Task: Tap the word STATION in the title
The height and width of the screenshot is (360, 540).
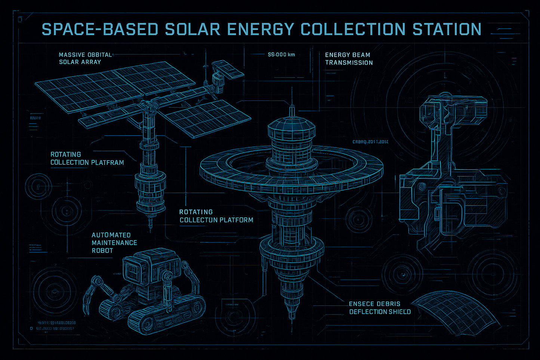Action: (447, 30)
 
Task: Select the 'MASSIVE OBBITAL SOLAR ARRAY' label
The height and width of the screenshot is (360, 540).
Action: (85, 58)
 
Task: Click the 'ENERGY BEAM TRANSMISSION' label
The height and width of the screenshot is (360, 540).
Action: (349, 59)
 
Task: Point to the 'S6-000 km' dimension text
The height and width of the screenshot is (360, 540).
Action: (281, 55)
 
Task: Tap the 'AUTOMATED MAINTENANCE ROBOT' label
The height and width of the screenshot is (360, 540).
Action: (114, 243)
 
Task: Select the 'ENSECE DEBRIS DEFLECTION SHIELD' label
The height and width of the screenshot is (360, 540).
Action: (380, 308)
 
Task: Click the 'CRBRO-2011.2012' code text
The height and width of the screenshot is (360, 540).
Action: (370, 142)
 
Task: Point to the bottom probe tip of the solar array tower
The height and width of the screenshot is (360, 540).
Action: (151, 224)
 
